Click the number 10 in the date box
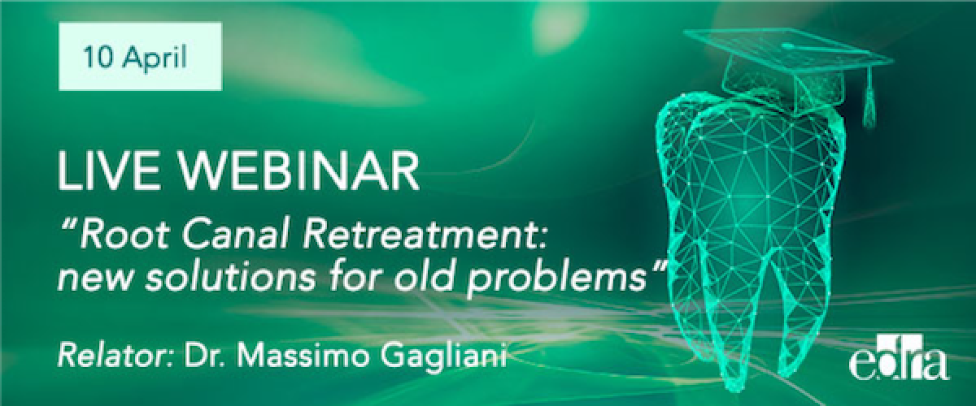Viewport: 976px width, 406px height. tap(94, 58)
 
